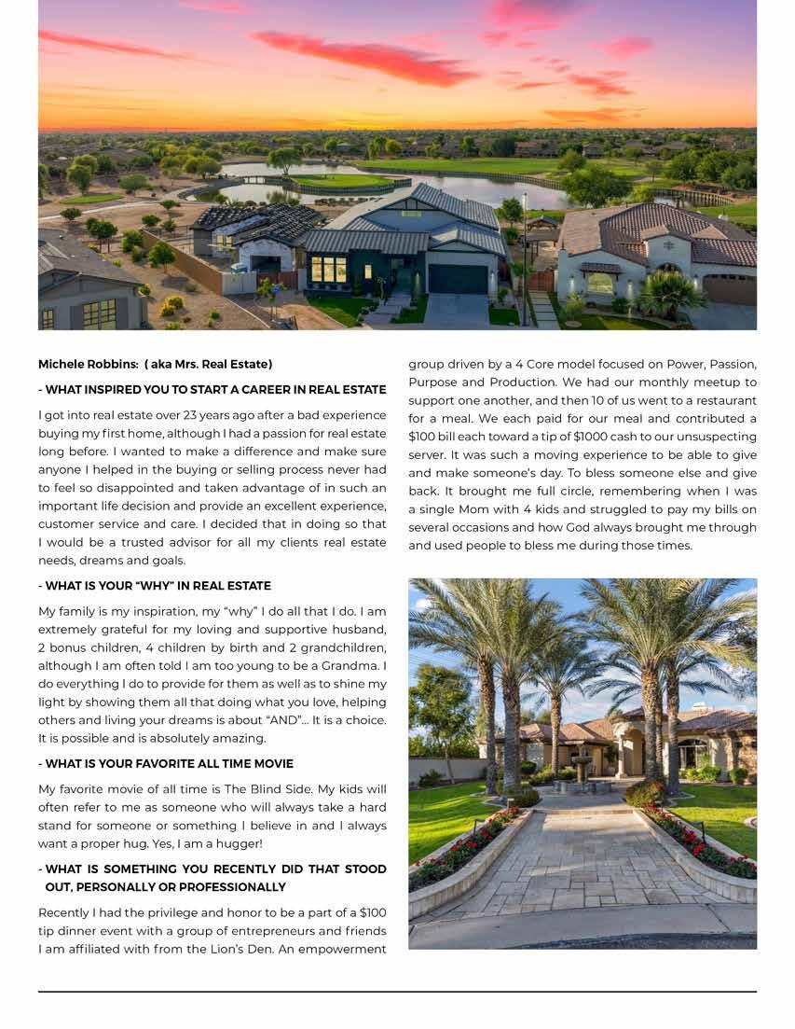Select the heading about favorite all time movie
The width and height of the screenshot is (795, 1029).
click(166, 764)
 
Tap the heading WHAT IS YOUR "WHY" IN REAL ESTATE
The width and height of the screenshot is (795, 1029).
click(155, 586)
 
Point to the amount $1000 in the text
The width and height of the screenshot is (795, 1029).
click(569, 437)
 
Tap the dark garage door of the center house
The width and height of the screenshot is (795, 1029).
click(458, 279)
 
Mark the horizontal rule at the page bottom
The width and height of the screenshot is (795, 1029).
click(397, 991)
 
